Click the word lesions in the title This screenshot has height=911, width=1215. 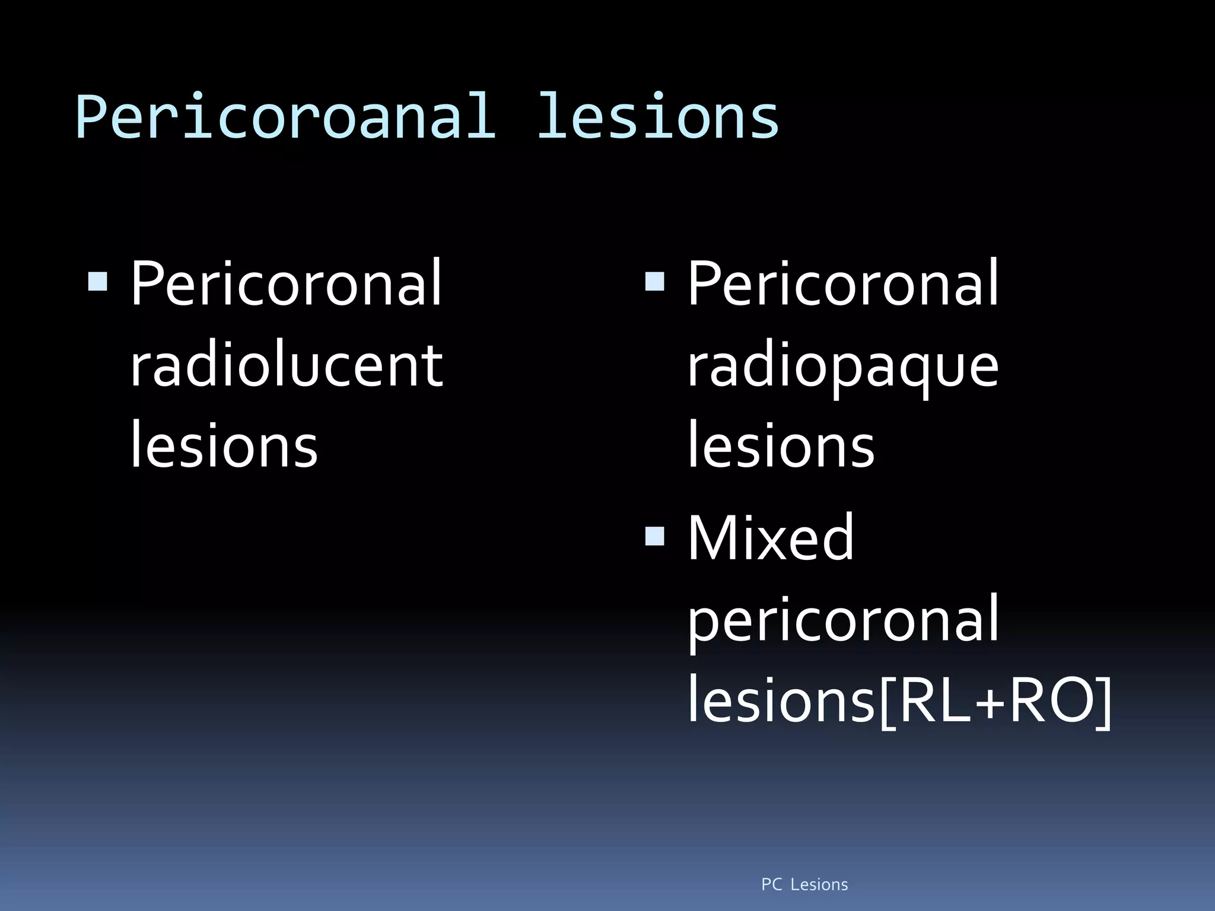(x=657, y=117)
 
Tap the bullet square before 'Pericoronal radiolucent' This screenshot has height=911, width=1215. (x=98, y=282)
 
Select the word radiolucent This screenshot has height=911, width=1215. (x=286, y=366)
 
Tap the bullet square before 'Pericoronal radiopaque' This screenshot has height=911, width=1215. (x=654, y=282)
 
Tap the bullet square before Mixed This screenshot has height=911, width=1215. (x=654, y=536)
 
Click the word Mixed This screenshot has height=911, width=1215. (x=770, y=538)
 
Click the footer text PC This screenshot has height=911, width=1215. (x=772, y=885)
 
